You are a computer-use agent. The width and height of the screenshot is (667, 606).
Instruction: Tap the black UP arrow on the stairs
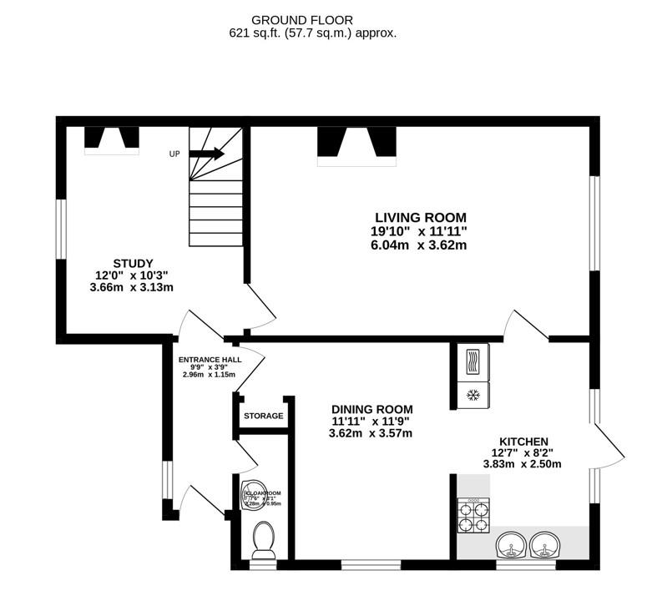206,154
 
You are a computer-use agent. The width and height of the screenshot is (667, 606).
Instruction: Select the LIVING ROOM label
420,217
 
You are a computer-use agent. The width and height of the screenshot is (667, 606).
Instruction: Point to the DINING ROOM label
371,409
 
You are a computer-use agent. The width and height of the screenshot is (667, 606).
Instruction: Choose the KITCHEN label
523,441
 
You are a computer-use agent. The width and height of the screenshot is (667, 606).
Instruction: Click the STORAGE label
263,416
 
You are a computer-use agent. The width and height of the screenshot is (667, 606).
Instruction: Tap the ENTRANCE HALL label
210,360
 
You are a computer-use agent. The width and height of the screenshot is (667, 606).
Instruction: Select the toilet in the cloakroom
263,538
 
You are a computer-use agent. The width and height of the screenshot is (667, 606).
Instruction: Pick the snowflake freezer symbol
474,394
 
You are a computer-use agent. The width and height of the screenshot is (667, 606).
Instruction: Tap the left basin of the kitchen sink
511,547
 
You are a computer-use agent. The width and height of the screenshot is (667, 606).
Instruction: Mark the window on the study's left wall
60,230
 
